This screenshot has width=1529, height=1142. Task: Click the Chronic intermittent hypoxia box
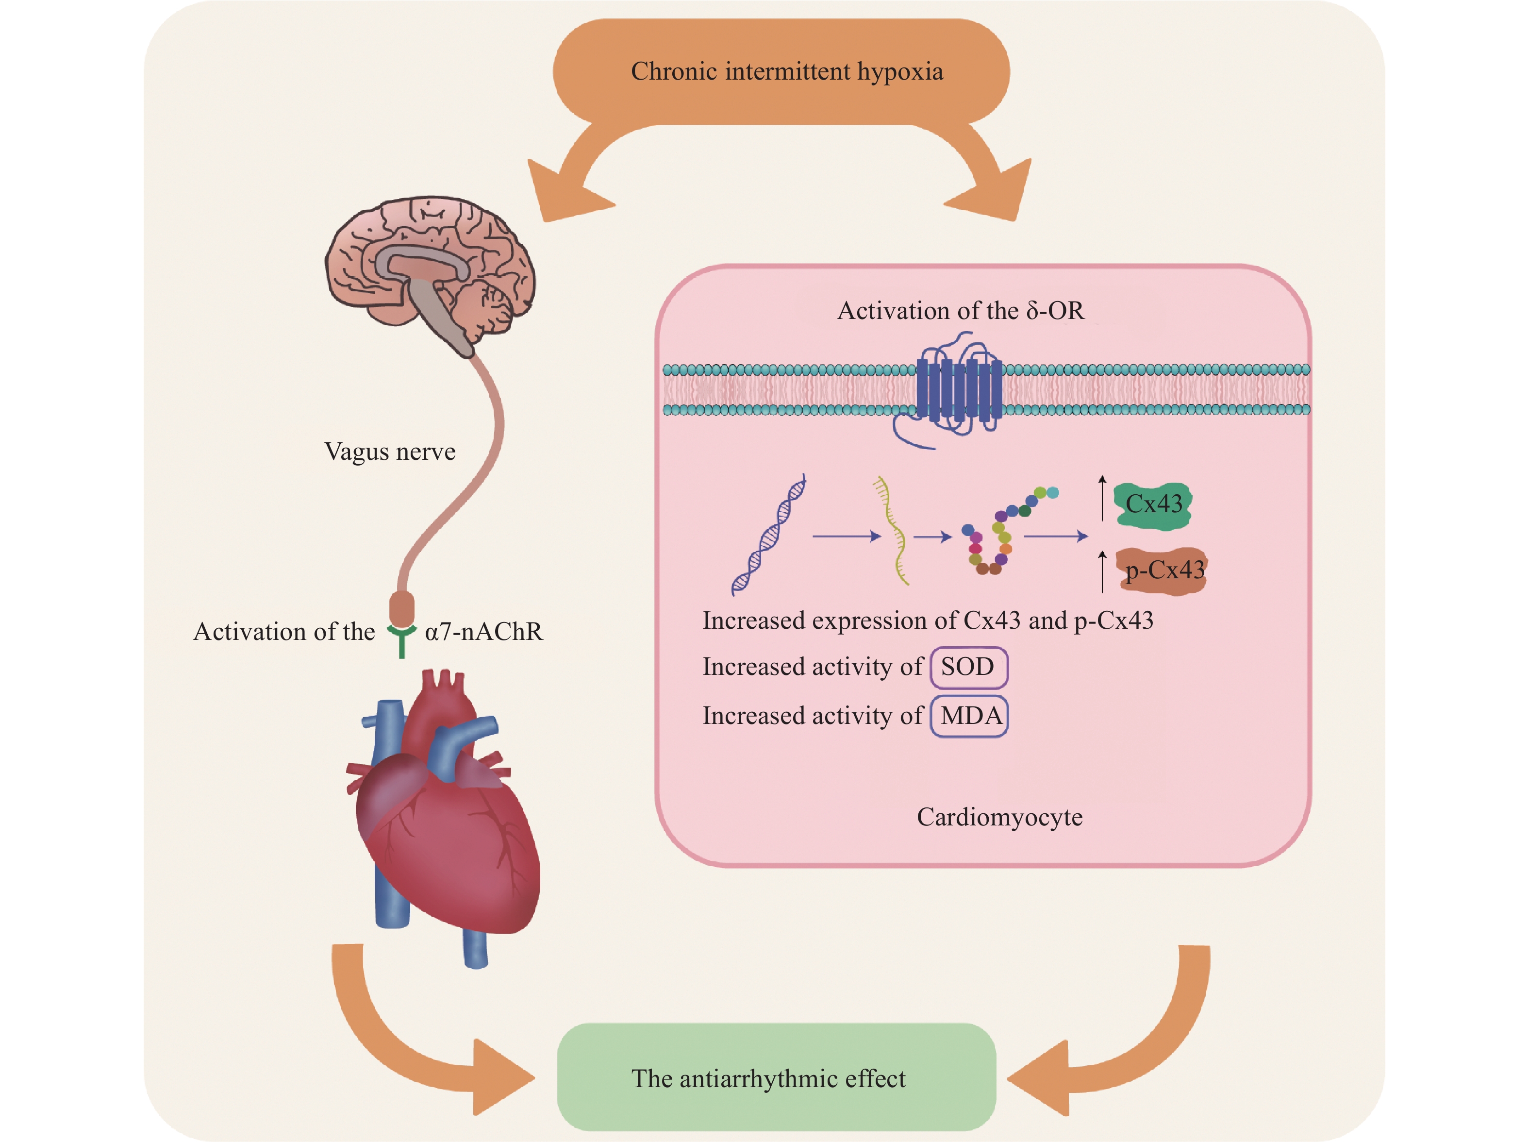(x=781, y=71)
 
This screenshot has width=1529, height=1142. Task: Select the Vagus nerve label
(x=390, y=452)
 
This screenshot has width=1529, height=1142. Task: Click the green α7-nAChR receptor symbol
(x=401, y=638)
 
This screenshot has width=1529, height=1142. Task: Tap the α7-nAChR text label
(x=483, y=631)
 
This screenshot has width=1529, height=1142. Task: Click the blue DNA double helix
(x=768, y=535)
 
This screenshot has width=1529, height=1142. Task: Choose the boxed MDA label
(x=969, y=716)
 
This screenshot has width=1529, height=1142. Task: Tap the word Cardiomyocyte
(x=999, y=817)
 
